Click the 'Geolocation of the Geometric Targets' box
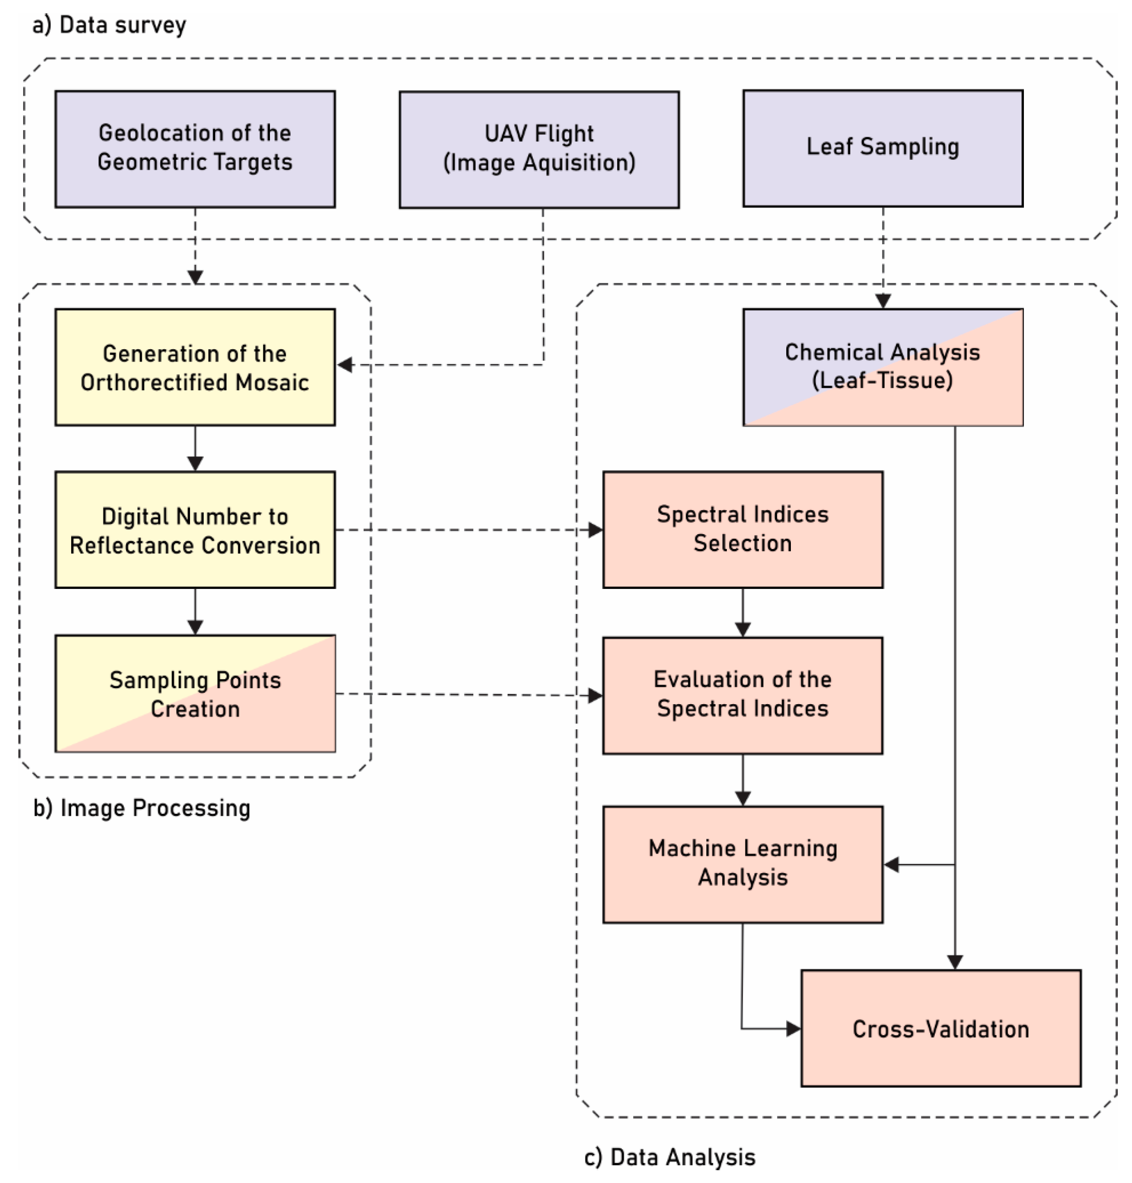pyautogui.click(x=195, y=149)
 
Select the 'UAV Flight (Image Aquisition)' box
pyautogui.click(x=539, y=150)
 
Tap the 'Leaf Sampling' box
pyautogui.click(x=882, y=149)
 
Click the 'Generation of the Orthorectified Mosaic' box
pyautogui.click(x=195, y=367)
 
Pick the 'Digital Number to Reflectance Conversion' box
pyautogui.click(x=195, y=530)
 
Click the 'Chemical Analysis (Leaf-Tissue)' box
pyautogui.click(x=882, y=367)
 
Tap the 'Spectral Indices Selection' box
pyautogui.click(x=742, y=530)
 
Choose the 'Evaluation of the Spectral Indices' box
pyautogui.click(x=742, y=695)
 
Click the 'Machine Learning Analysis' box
pyautogui.click(x=742, y=864)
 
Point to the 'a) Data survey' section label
pyautogui.click(x=109, y=25)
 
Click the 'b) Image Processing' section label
pyautogui.click(x=142, y=808)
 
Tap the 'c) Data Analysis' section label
pyautogui.click(x=670, y=1156)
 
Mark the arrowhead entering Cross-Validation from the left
pyautogui.click(x=793, y=1028)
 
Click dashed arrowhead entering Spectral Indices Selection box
pyautogui.click(x=596, y=530)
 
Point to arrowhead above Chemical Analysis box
pyautogui.click(x=883, y=301)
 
